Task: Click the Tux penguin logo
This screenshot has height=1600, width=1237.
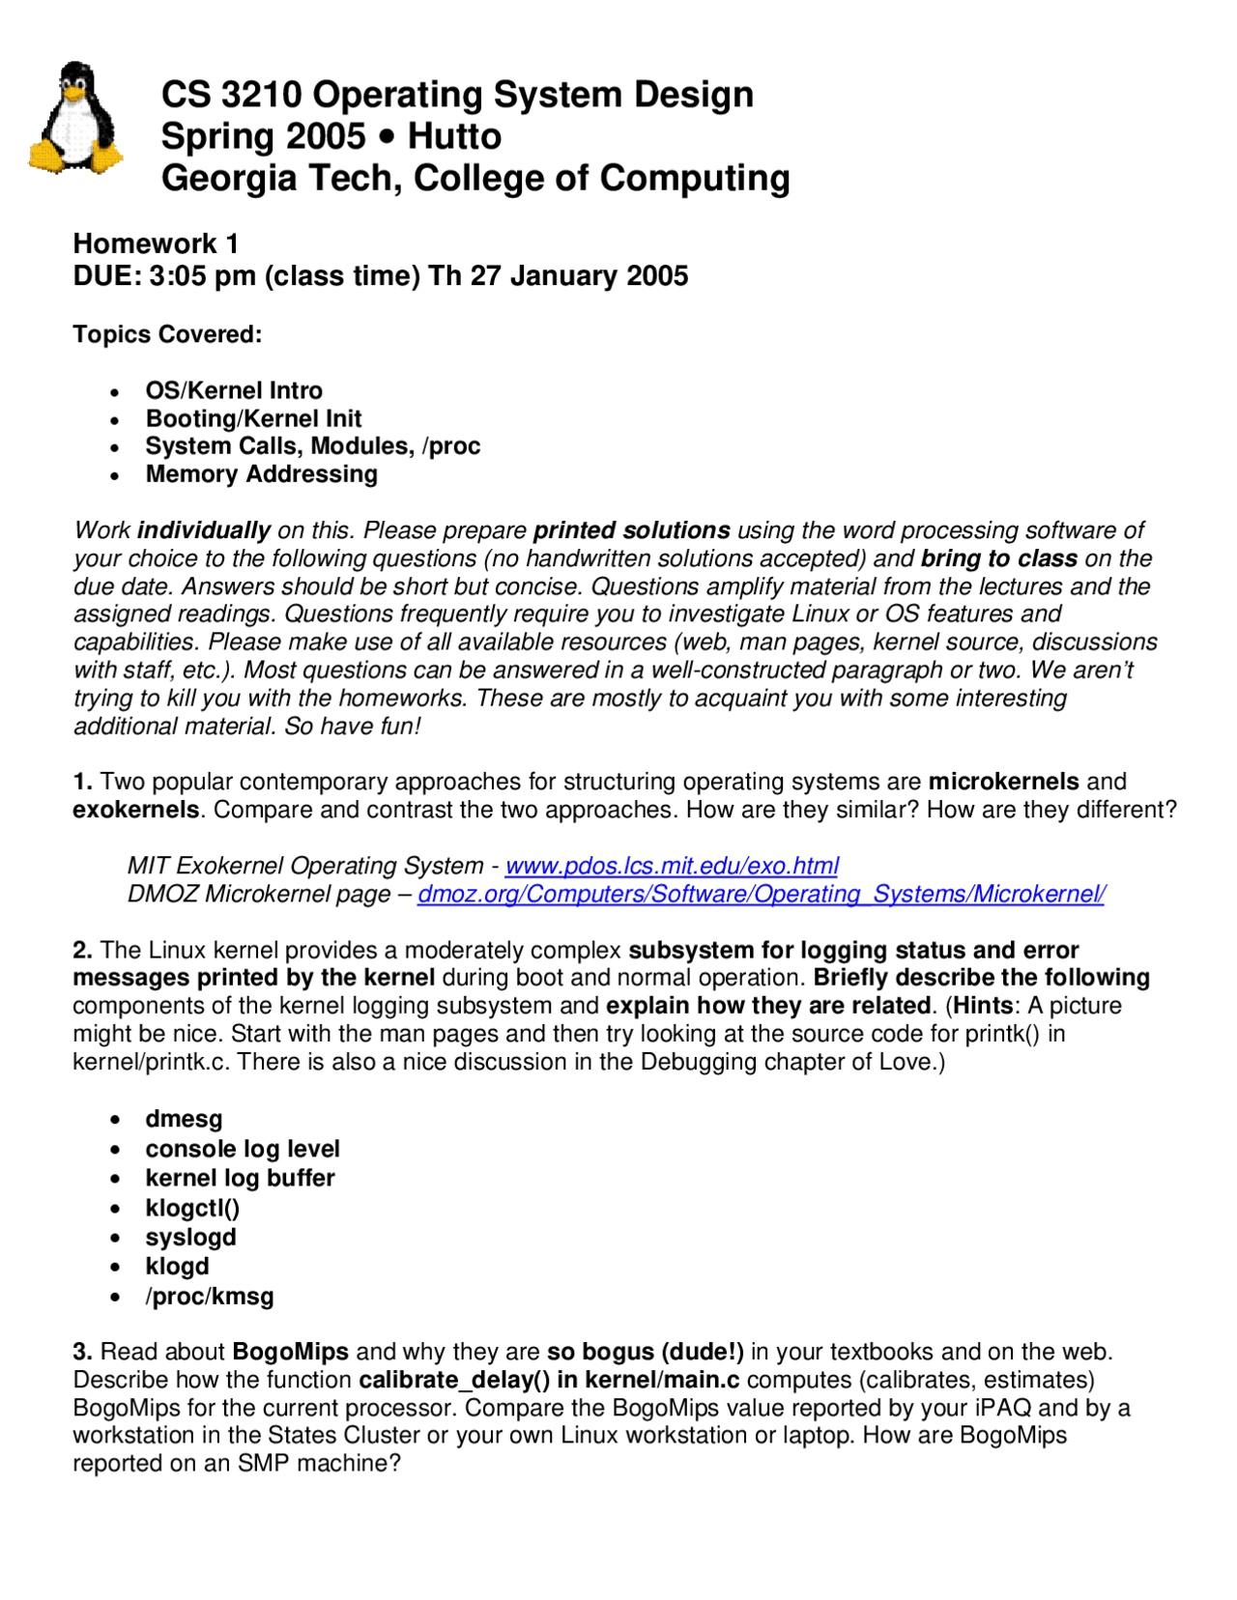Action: click(75, 119)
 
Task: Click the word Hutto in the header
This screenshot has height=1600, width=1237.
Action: click(454, 136)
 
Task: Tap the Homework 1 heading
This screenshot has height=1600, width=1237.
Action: click(156, 243)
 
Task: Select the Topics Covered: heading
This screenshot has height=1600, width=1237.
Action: click(167, 334)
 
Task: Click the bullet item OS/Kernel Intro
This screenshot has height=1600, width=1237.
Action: click(234, 390)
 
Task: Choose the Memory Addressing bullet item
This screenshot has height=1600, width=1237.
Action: click(261, 474)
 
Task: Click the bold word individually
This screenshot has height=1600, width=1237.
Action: click(204, 530)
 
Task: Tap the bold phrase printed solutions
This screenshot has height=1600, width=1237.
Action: click(631, 530)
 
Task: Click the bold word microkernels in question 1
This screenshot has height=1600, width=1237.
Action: click(1003, 781)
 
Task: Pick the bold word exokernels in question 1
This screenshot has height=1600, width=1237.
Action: click(135, 810)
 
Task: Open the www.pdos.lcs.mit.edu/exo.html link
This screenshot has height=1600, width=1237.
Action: click(672, 866)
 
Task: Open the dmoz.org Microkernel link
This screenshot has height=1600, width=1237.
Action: click(761, 894)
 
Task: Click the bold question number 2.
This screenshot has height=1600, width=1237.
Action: click(82, 950)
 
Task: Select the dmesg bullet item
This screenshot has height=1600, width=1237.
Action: click(184, 1119)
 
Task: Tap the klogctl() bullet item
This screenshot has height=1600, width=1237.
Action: click(192, 1208)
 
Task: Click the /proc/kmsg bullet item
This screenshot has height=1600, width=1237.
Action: click(210, 1297)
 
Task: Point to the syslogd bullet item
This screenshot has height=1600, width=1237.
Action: click(190, 1238)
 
